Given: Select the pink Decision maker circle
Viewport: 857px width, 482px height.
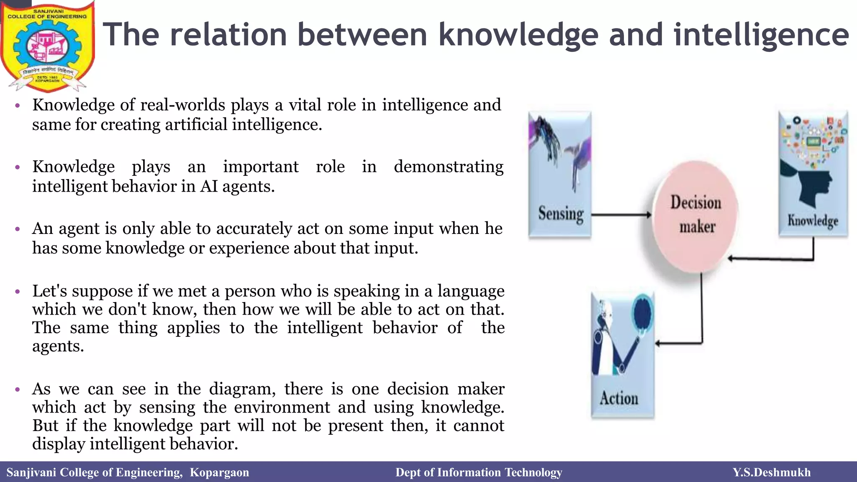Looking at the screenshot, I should pos(696,215).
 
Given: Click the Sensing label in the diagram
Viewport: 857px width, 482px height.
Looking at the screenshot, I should pos(561,214).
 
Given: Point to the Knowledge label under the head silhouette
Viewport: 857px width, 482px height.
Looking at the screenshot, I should pos(813,220).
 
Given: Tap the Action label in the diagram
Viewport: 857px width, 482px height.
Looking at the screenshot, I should pos(619,398).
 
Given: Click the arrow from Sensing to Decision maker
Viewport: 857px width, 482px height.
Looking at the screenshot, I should pos(621,215).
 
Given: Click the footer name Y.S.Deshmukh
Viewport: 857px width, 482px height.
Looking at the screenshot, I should pos(772,472).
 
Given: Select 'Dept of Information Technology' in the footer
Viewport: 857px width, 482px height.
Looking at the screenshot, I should pos(479,472).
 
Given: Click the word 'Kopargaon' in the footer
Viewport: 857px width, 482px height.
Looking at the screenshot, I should pos(219,472).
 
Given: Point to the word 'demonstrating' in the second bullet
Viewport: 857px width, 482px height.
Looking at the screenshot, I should pos(449,167).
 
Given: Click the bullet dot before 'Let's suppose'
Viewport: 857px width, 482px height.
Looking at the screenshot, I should pos(17,292).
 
